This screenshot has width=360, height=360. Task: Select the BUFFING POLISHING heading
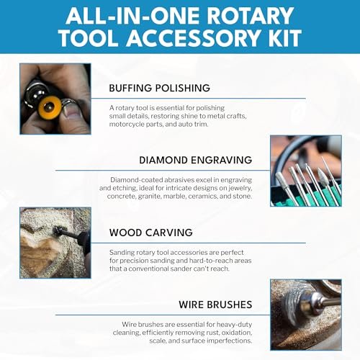click(159, 89)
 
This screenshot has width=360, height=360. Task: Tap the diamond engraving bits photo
click(305, 171)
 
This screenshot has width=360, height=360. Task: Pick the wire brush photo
click(305, 315)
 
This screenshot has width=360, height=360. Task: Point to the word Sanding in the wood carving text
click(125, 251)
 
